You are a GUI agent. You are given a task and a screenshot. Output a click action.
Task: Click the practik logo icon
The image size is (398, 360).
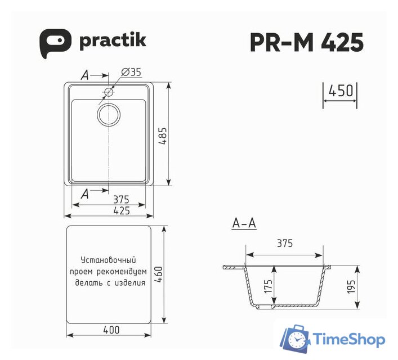click(x=55, y=42)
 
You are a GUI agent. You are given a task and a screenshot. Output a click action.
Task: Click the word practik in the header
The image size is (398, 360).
click(x=113, y=40)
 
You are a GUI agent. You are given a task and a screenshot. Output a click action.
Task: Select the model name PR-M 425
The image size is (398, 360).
click(x=306, y=42)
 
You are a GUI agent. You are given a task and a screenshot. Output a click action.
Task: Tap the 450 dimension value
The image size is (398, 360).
click(x=340, y=91)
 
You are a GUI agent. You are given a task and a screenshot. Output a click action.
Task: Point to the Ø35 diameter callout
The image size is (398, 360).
click(x=131, y=72)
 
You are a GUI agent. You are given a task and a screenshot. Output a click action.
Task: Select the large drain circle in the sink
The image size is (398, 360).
click(x=109, y=114)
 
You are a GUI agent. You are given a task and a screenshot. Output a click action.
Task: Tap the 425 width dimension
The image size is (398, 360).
click(x=121, y=211)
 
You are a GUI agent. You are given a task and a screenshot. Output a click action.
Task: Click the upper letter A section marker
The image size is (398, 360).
click(x=84, y=74)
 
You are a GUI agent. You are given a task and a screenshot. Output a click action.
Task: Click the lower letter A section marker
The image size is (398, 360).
click(x=84, y=194)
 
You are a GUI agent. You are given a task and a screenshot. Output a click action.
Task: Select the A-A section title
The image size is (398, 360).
click(x=244, y=224)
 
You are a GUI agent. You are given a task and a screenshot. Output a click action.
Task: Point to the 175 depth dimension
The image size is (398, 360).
click(x=268, y=288)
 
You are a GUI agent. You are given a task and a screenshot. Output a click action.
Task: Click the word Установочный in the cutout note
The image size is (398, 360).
click(x=110, y=260)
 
